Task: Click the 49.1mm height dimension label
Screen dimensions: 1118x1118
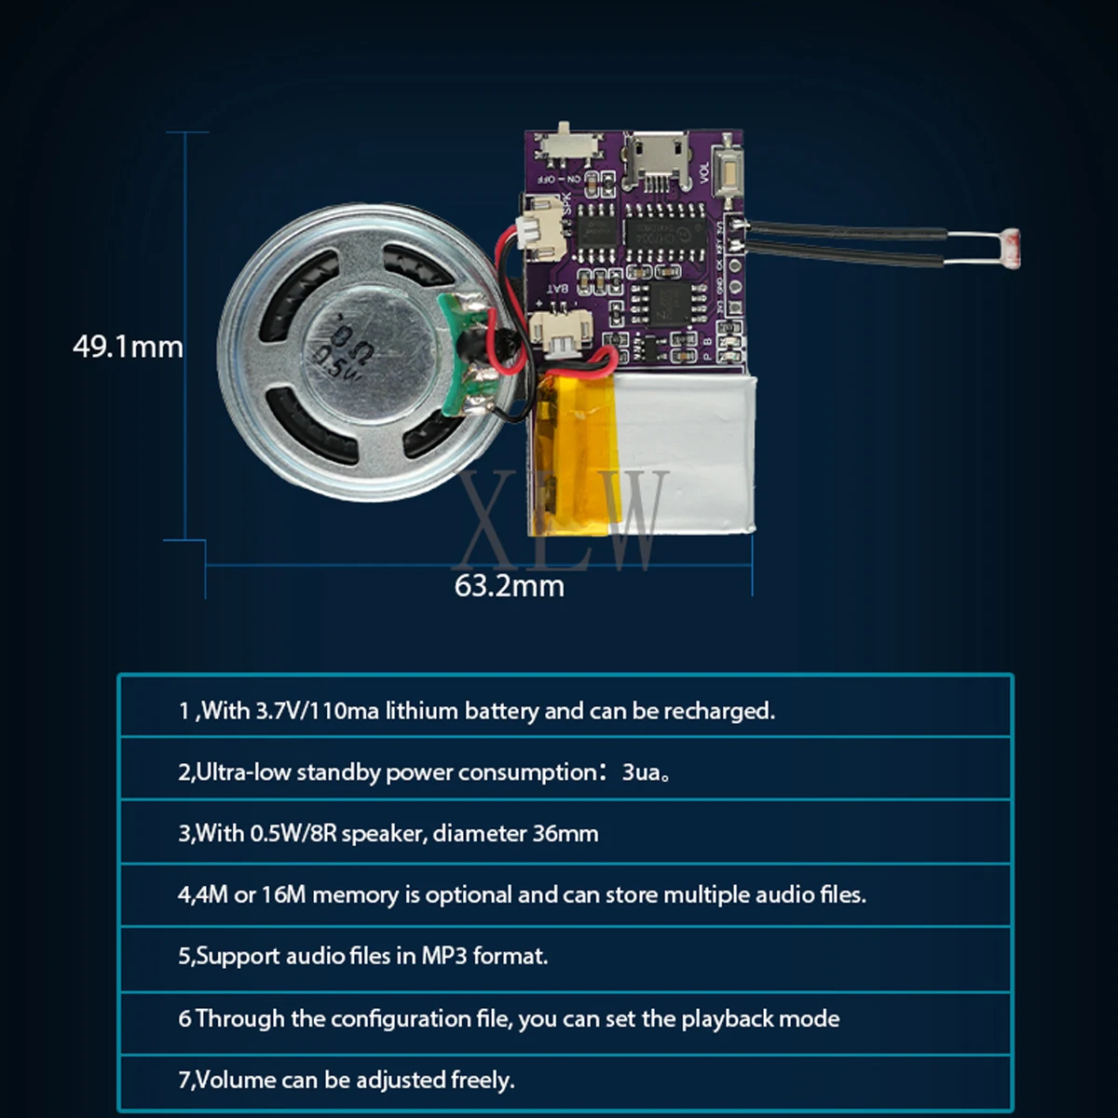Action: click(x=129, y=347)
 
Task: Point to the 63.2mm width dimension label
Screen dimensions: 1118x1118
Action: click(x=510, y=586)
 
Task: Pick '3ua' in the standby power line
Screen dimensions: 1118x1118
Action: click(x=640, y=772)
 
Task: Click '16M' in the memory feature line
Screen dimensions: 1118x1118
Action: click(x=283, y=894)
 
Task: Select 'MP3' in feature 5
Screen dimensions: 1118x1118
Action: click(x=443, y=956)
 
